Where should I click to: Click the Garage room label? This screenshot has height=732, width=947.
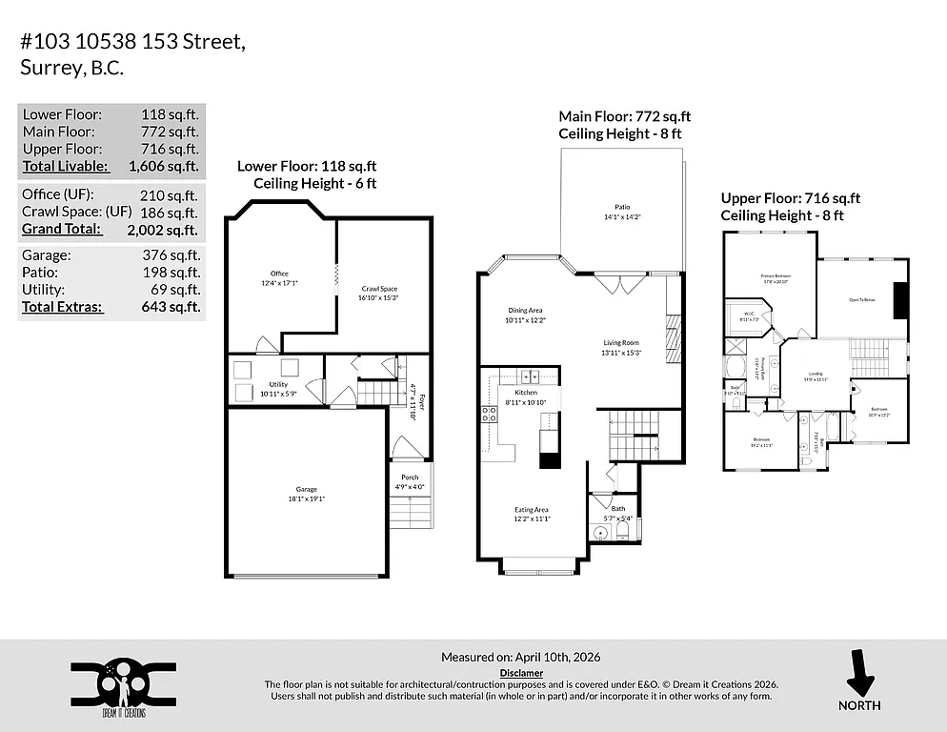(306, 489)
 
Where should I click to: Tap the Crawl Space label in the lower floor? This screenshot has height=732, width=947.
(378, 289)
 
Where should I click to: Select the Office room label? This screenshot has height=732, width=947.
(278, 274)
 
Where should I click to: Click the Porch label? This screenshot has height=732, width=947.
(410, 478)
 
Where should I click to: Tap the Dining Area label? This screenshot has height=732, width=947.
(525, 310)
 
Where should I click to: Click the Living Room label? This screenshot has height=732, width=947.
(620, 342)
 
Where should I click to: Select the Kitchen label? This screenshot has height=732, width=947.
(525, 392)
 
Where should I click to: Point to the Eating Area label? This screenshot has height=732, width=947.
(531, 510)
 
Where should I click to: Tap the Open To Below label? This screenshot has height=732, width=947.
(862, 300)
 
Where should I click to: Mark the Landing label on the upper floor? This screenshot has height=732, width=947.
(816, 374)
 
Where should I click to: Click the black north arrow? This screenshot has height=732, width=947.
(860, 674)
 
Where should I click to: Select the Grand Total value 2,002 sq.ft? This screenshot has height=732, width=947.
(163, 230)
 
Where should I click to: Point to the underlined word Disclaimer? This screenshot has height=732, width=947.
(521, 672)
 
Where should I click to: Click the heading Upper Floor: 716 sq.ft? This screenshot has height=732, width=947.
(790, 198)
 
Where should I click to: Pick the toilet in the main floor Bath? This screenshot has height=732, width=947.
(599, 533)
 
